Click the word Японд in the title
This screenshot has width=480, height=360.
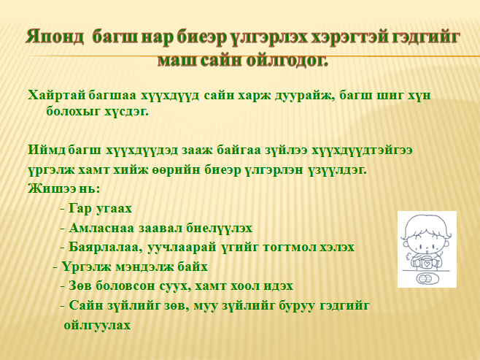[x=55, y=37]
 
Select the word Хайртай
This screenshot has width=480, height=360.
[x=57, y=95]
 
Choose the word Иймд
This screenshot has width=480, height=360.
[x=47, y=150]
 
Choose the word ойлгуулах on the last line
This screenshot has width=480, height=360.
[x=97, y=325]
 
